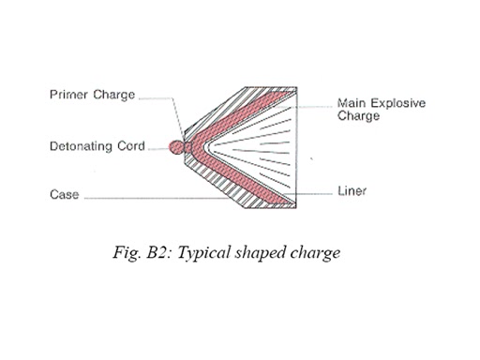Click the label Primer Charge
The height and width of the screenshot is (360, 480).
point(92,95)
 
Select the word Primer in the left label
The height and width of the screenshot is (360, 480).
point(67,95)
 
